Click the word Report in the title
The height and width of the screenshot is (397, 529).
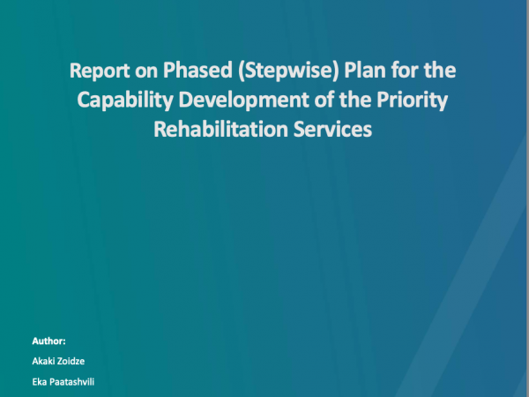[100, 71]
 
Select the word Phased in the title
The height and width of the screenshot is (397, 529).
[197, 70]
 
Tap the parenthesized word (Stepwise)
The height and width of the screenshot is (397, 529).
[288, 71]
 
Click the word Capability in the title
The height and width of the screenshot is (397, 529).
[125, 101]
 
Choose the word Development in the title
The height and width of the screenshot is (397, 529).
[243, 101]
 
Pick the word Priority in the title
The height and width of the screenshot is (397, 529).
[413, 101]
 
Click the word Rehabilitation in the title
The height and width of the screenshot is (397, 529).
[220, 130]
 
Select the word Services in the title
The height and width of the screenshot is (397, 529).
[332, 130]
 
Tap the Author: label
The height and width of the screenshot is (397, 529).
[48, 341]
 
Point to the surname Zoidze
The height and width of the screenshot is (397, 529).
[70, 361]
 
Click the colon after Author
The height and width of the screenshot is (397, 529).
[64, 342]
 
